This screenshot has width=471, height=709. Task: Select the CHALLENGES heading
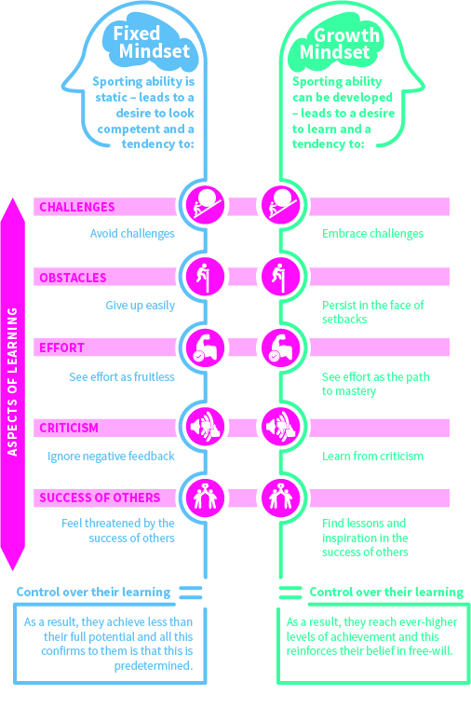coord(77,207)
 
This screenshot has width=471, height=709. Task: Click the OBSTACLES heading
coord(73,278)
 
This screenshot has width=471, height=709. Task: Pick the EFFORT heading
coord(61,348)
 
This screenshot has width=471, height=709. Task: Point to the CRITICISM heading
coord(70,428)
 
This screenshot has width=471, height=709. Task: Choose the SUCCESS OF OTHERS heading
coord(100,498)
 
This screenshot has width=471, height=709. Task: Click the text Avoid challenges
coord(132,234)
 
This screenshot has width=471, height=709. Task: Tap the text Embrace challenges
coord(372,234)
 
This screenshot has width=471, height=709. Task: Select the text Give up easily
coord(140,305)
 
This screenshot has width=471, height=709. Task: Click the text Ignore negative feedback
coord(111,456)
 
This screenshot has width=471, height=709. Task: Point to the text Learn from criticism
coord(372,456)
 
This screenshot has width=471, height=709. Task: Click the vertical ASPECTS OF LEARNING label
coord(13,382)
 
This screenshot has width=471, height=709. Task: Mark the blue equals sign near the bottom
coord(190,592)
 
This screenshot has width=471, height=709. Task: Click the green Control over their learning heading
coord(385,592)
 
